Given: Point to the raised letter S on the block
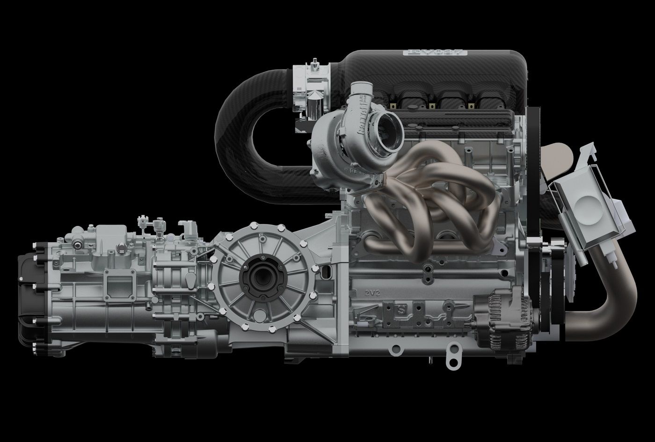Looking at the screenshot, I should click(x=401, y=310).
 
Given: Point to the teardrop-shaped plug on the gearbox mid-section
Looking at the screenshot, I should click(x=191, y=279).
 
